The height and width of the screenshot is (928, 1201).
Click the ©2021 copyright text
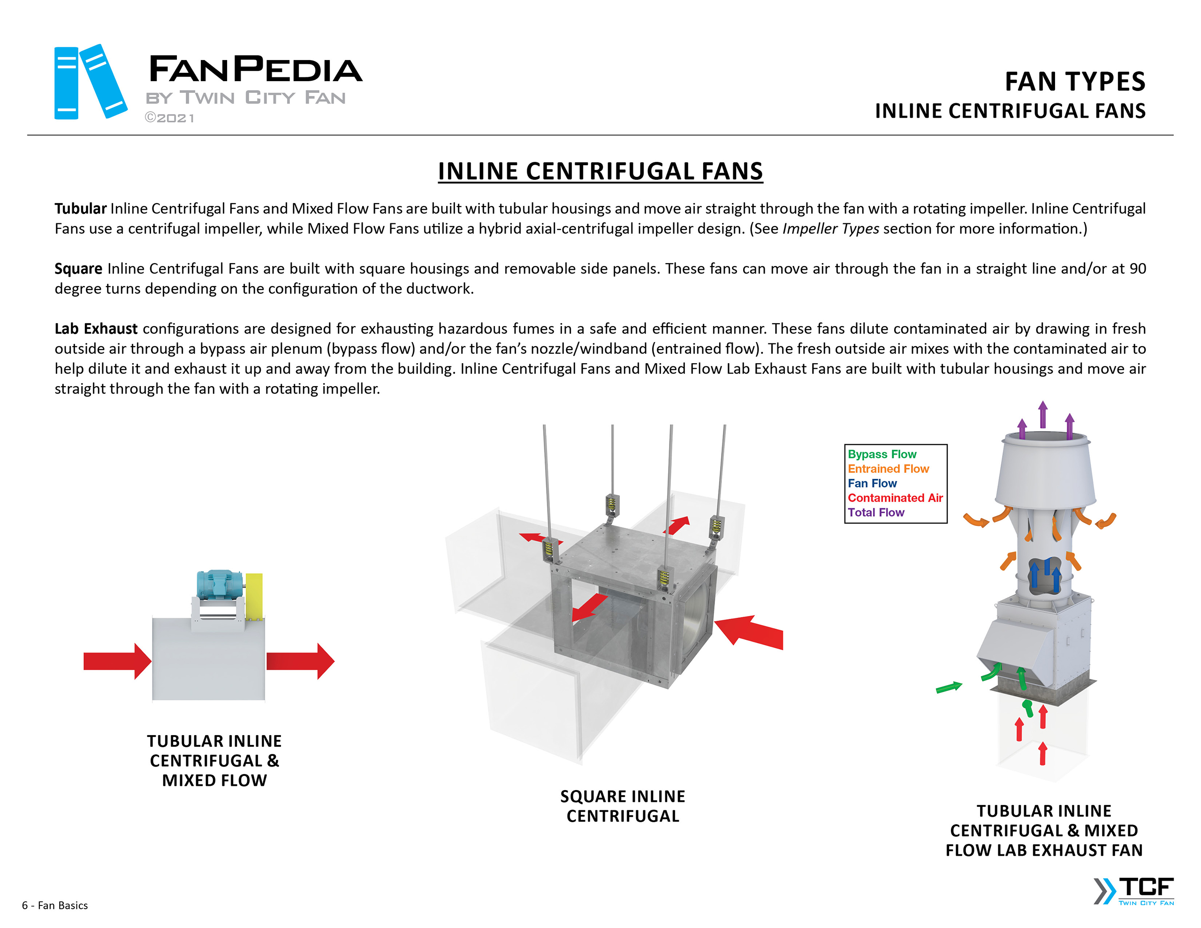(x=169, y=118)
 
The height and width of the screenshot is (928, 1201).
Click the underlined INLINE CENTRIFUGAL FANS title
(x=600, y=171)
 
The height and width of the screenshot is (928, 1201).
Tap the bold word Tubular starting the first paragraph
(x=80, y=208)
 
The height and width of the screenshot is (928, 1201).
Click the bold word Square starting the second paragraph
(x=78, y=268)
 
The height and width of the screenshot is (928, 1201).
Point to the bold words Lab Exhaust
(x=96, y=328)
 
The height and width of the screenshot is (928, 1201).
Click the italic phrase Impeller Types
(x=830, y=229)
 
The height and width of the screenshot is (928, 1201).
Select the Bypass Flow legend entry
(x=882, y=454)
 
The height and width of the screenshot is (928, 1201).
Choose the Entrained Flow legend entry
(x=888, y=469)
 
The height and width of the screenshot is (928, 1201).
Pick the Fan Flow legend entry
(x=872, y=483)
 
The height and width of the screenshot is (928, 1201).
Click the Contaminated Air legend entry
(x=895, y=498)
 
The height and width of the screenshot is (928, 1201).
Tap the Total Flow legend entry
(x=875, y=512)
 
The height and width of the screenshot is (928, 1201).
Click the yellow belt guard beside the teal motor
(x=254, y=596)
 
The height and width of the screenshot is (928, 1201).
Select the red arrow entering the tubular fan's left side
(x=116, y=661)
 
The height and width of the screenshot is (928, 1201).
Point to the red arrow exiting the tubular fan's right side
(x=300, y=661)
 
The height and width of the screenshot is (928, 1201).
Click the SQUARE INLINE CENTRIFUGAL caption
(x=623, y=806)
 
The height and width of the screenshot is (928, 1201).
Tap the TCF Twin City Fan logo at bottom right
(x=1135, y=890)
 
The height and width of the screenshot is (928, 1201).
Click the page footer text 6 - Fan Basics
(x=55, y=905)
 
